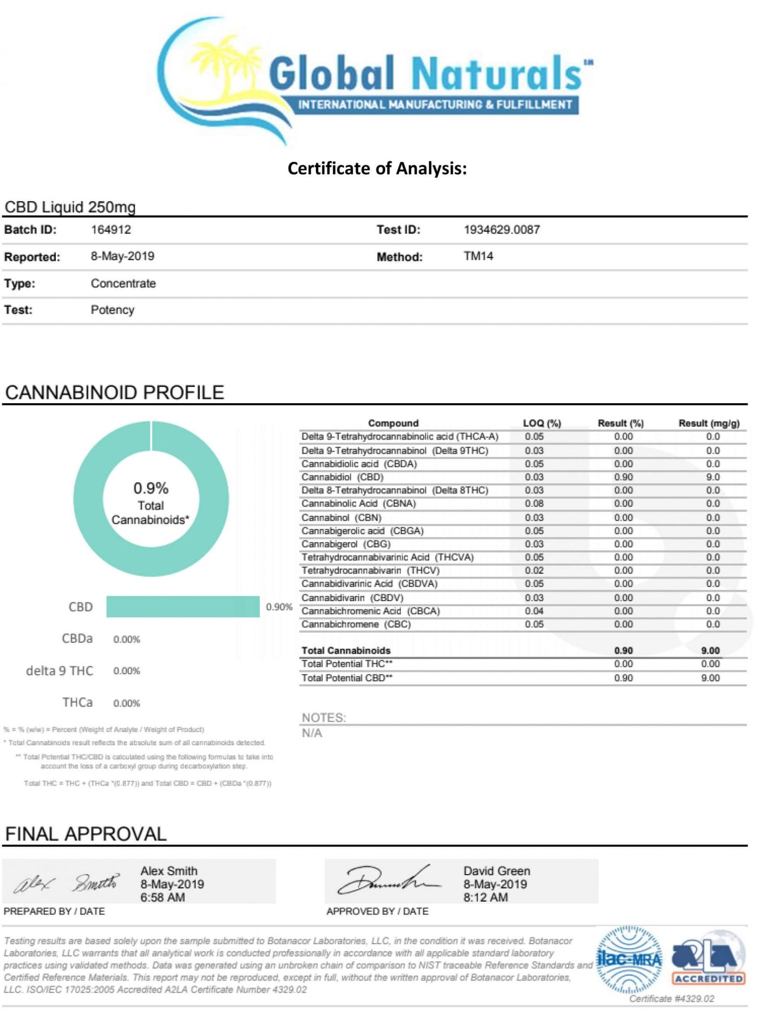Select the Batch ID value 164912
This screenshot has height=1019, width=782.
coord(111,229)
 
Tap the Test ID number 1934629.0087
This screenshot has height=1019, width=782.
coord(502,229)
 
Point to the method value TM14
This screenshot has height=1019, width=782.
coord(478,256)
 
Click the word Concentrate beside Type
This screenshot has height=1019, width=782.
coord(123,283)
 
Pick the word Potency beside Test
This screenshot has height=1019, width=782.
coord(113,310)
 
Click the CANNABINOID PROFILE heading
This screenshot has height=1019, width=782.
coord(114,392)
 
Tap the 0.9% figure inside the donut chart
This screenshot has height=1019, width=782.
coord(151,488)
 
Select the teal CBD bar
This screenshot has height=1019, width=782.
coord(183,607)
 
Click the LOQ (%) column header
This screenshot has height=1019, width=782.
coord(542,423)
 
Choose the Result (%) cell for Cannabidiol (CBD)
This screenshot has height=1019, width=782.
coord(623,477)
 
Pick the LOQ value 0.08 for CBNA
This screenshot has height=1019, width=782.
coord(534,503)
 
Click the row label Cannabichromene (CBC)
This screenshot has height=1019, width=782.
coord(356,624)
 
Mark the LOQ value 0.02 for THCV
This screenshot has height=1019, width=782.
coord(534,570)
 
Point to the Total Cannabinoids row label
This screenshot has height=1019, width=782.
coord(346,650)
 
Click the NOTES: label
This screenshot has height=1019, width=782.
coord(324,718)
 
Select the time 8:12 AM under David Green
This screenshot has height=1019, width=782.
coord(485,897)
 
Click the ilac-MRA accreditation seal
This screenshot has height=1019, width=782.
coord(629,959)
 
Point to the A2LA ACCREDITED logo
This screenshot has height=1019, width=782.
coord(708,959)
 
